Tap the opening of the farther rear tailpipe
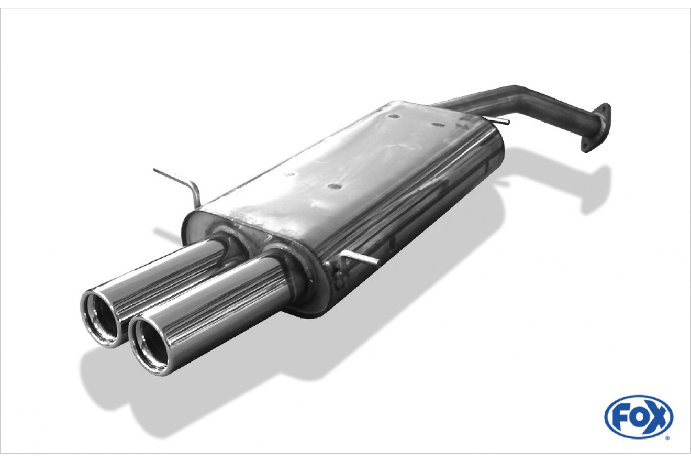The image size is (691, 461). coord(100,318)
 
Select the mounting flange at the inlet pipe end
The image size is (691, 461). coord(595,127)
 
